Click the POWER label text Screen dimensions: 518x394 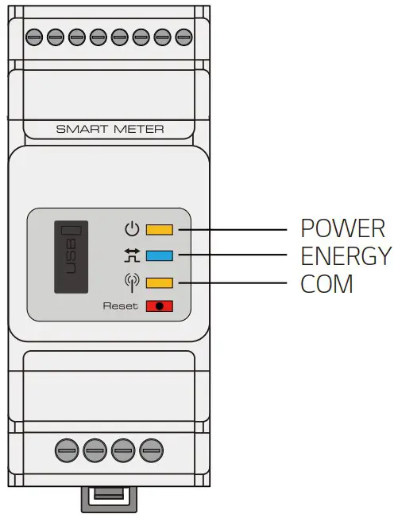tap(342, 228)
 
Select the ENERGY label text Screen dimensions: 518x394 tap(346, 255)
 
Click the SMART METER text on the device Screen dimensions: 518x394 tap(110, 128)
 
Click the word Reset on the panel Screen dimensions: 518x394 tap(120, 306)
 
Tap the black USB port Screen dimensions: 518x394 tap(71, 256)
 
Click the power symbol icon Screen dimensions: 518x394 tap(132, 231)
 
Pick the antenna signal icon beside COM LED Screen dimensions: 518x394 tap(132, 282)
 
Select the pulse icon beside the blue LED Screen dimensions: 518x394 tap(132, 256)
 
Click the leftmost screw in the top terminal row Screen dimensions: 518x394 tap(34, 36)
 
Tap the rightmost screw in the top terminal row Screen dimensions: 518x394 tap(184, 36)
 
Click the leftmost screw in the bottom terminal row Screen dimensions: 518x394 tap(66, 450)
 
